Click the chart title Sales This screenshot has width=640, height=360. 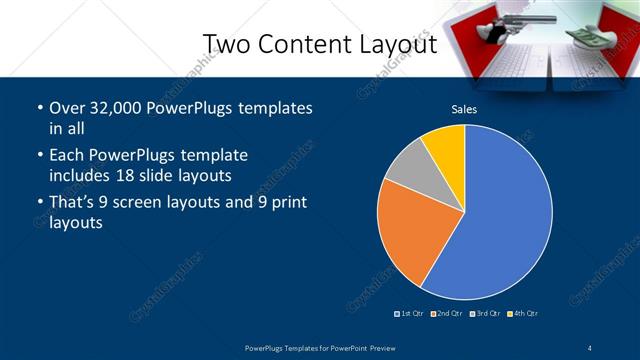coord(464,109)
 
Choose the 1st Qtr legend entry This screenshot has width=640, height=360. coord(411,314)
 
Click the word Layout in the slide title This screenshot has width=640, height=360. coord(394,44)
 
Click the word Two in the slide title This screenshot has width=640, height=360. coord(226,44)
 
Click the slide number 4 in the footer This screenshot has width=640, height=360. coord(590,346)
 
